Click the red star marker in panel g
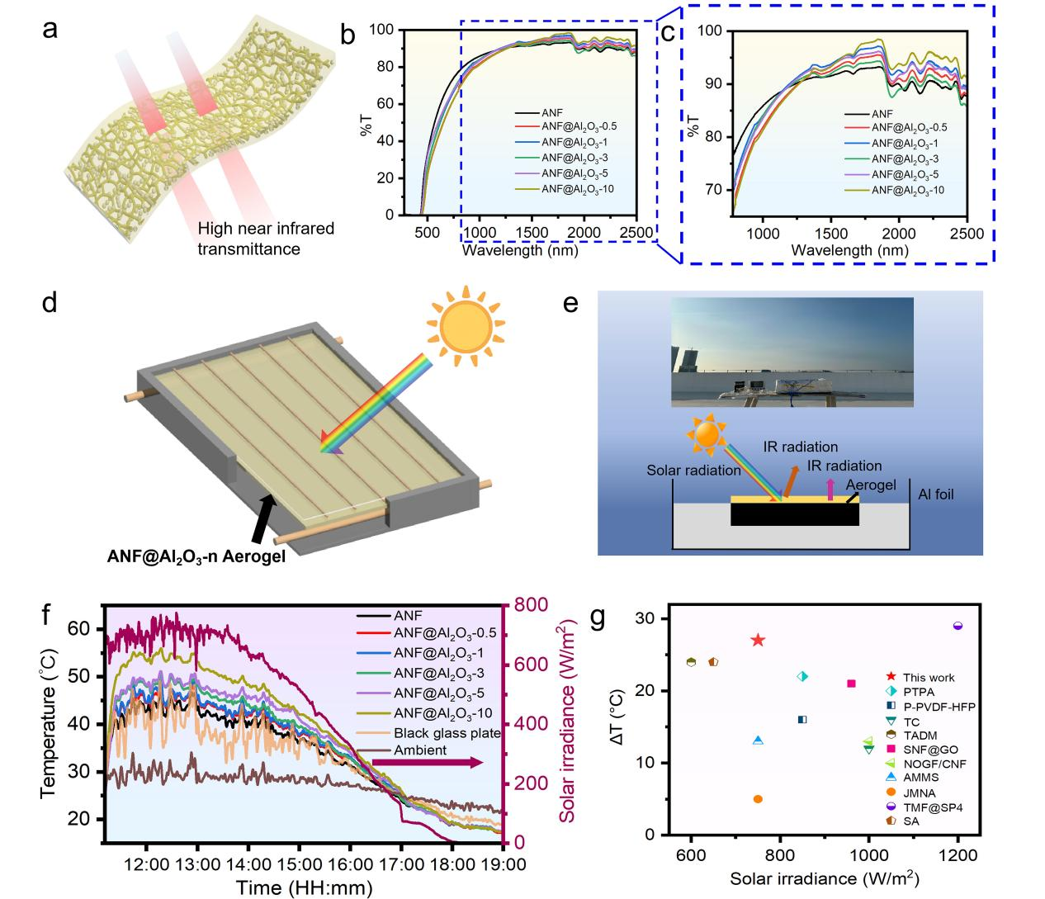coord(758,641)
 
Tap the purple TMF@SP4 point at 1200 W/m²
coord(958,626)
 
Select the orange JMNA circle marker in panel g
coord(758,798)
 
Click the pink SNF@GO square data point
coord(851,684)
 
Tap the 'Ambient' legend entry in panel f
coord(420,750)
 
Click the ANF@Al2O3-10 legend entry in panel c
coord(907,190)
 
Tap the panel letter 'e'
coord(570,303)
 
